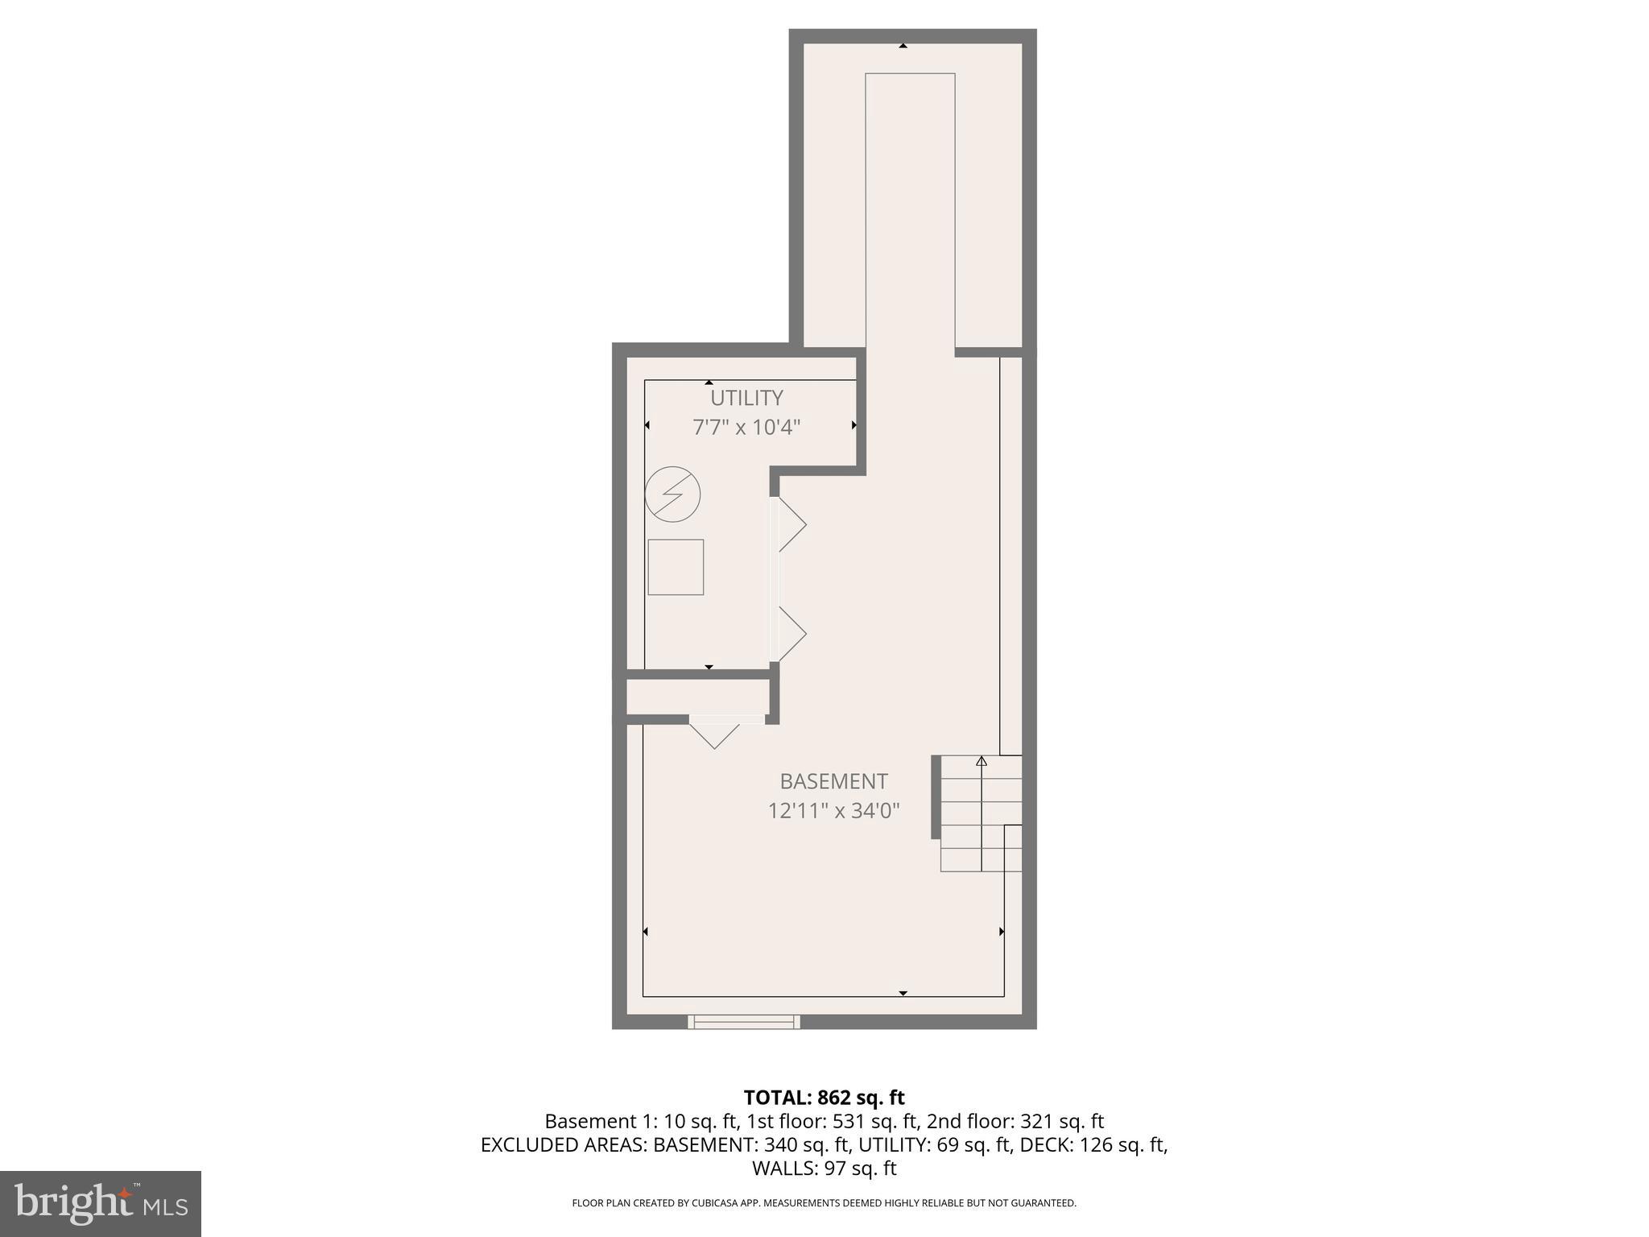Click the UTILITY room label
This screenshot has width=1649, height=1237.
click(746, 398)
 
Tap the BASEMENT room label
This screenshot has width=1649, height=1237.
click(833, 781)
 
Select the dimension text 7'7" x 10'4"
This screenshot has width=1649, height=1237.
click(746, 427)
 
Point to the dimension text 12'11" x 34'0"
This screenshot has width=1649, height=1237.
click(833, 810)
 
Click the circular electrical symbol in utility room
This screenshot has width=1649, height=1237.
click(673, 494)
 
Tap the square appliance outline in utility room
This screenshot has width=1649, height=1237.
click(676, 567)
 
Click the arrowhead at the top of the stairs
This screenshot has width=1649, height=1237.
click(982, 760)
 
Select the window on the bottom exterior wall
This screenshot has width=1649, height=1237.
click(744, 1022)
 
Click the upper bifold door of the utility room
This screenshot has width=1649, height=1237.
click(791, 525)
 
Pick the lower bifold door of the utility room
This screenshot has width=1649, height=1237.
click(791, 634)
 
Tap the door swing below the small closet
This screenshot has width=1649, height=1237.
click(715, 734)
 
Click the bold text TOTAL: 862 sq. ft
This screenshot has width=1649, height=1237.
click(824, 1098)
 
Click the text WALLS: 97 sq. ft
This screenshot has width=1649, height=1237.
click(824, 1168)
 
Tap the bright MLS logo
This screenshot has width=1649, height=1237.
click(101, 1204)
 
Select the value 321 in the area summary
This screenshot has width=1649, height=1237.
click(1036, 1121)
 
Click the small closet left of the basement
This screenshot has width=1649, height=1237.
click(697, 697)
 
